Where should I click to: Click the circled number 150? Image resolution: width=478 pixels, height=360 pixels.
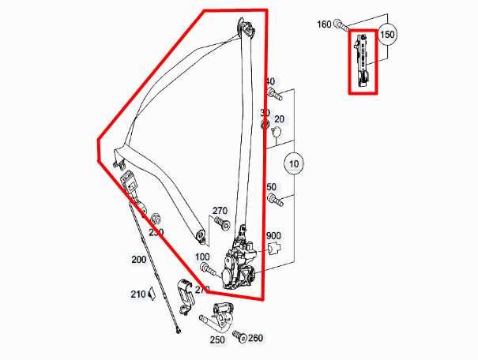tap(387, 36)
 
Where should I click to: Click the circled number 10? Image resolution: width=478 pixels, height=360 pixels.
tap(293, 164)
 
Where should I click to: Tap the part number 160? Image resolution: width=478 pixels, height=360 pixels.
tap(325, 24)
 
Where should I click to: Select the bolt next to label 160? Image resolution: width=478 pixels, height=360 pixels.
tap(341, 25)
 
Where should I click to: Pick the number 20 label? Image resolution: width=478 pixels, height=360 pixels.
tap(279, 119)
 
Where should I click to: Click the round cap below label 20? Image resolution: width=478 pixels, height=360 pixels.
tap(277, 133)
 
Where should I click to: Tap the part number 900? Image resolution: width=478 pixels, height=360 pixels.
tap(273, 236)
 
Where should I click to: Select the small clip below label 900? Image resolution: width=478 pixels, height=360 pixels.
tap(274, 249)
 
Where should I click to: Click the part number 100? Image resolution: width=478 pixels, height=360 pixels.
tap(202, 257)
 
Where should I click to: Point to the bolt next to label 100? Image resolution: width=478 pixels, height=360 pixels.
tap(207, 270)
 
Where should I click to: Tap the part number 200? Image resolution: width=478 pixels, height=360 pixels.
tap(139, 259)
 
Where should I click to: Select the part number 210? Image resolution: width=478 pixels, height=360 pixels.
tap(137, 294)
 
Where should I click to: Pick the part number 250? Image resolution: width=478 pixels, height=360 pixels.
tap(217, 339)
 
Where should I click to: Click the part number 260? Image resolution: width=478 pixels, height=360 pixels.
tap(255, 339)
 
